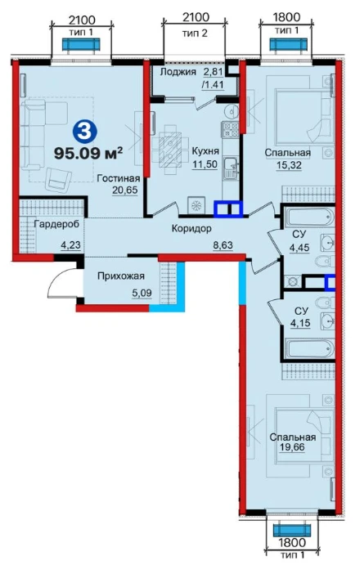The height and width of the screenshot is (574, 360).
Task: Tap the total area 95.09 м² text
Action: pyautogui.click(x=88, y=153)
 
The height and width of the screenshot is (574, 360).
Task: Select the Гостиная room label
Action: pyautogui.click(x=119, y=178)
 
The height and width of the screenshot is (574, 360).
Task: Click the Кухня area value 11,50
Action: pyautogui.click(x=205, y=164)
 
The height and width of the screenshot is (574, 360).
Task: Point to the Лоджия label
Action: pyautogui.click(x=178, y=71)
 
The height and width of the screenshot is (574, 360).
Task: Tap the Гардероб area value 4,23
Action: pyautogui.click(x=70, y=245)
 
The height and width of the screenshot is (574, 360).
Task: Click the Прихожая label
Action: pyautogui.click(x=121, y=276)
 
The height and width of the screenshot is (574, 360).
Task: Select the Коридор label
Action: pyautogui.click(x=191, y=229)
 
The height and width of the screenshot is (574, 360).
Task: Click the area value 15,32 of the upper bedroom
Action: pyautogui.click(x=289, y=165)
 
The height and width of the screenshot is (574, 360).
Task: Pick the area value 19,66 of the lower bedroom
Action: pyautogui.click(x=292, y=447)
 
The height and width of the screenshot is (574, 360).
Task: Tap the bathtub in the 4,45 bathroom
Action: pyautogui.click(x=310, y=217)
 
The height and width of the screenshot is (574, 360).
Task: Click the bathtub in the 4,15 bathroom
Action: pyautogui.click(x=310, y=349)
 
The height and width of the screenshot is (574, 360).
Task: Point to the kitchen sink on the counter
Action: pyautogui.click(x=231, y=168)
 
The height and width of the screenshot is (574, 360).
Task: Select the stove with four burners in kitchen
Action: pyautogui.click(x=231, y=129)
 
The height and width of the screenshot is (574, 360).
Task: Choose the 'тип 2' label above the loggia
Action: pyautogui.click(x=195, y=34)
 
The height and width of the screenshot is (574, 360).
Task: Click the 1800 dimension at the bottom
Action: pyautogui.click(x=292, y=541)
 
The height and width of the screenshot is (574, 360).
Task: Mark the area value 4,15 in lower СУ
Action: pyautogui.click(x=300, y=323)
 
